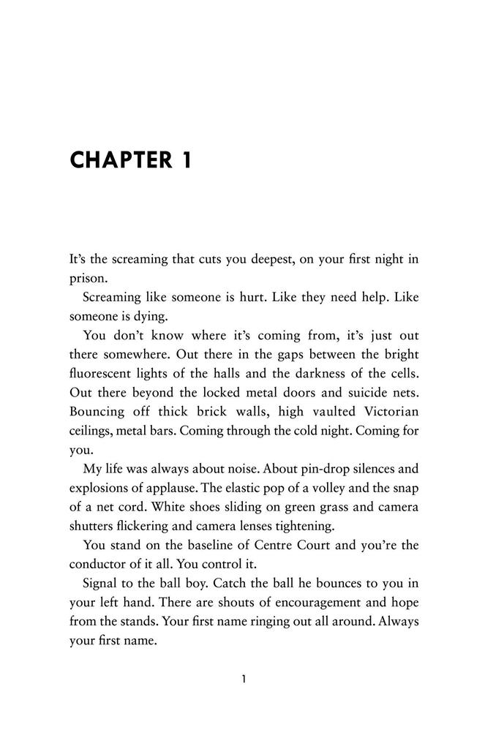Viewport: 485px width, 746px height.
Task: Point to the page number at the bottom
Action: click(243, 679)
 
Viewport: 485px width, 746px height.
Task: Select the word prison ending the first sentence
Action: click(86, 279)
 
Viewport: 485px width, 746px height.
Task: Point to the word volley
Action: click(327, 488)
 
